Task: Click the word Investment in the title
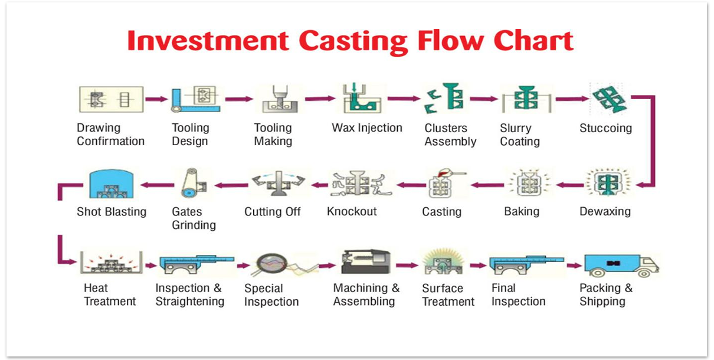click(x=207, y=41)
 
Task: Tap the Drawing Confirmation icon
click(x=110, y=99)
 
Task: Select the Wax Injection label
click(x=366, y=128)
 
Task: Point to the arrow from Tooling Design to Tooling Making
click(x=238, y=99)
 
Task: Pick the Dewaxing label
click(x=605, y=211)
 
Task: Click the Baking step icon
click(x=523, y=185)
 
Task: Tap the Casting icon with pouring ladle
click(x=441, y=185)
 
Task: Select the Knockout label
click(x=352, y=211)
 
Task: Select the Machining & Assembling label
click(x=366, y=294)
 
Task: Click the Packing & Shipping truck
click(x=620, y=264)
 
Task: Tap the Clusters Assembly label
click(x=450, y=135)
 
